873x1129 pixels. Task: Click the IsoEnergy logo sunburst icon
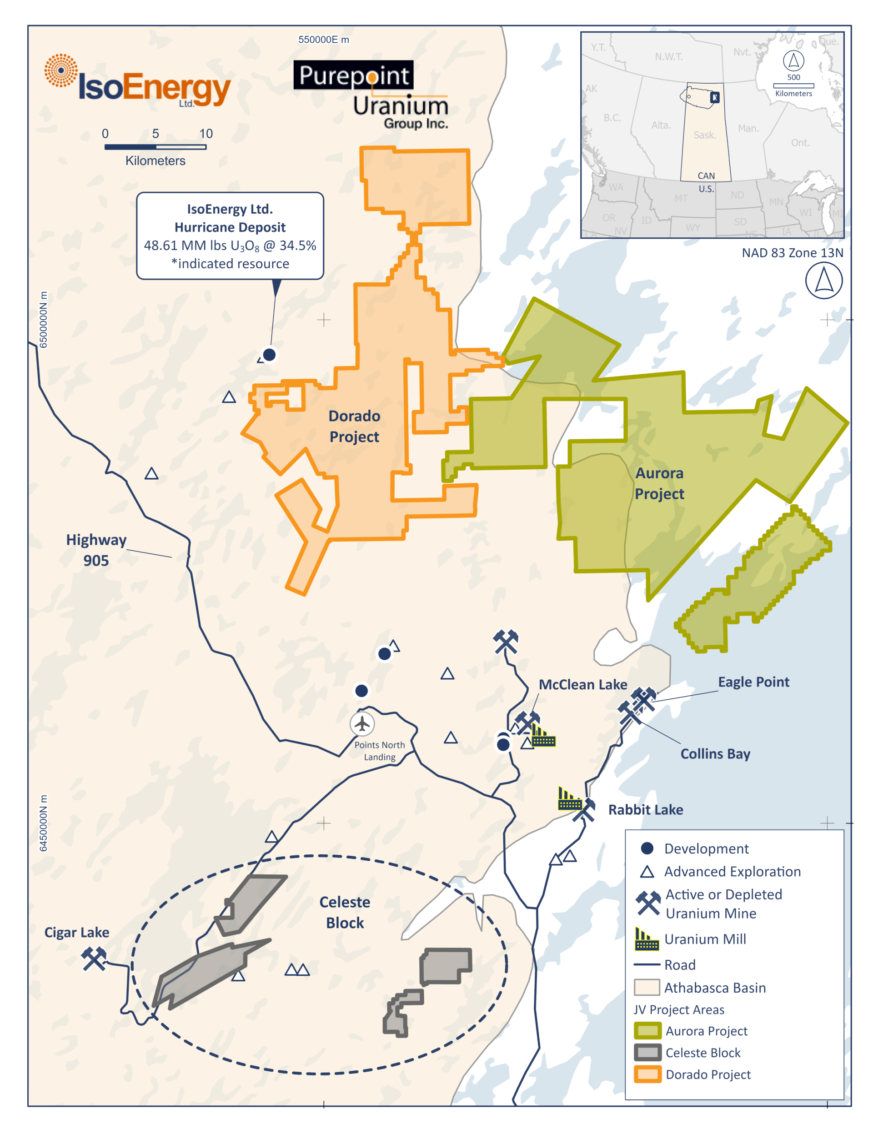pyautogui.click(x=61, y=70)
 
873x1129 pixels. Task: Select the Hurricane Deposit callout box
pyautogui.click(x=230, y=236)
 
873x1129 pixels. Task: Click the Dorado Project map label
pyautogui.click(x=355, y=427)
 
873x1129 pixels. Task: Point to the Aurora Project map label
pyautogui.click(x=660, y=483)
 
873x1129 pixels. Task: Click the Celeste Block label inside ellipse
pyautogui.click(x=345, y=913)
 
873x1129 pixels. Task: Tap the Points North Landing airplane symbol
pyautogui.click(x=362, y=724)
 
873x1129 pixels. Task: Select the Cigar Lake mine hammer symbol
pyautogui.click(x=94, y=958)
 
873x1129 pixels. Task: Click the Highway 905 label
pyautogui.click(x=96, y=550)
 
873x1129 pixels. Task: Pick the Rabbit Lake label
pyautogui.click(x=646, y=809)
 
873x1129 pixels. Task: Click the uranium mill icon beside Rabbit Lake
pyautogui.click(x=570, y=799)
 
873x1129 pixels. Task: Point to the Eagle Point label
pyautogui.click(x=753, y=682)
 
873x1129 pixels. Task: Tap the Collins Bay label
pyautogui.click(x=715, y=754)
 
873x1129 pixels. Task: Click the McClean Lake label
pyautogui.click(x=583, y=684)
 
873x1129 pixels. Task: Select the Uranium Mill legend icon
pyautogui.click(x=647, y=939)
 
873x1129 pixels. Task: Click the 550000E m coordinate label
pyautogui.click(x=324, y=40)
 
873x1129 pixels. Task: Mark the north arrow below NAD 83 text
pyautogui.click(x=824, y=281)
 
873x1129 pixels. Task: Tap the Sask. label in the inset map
pyautogui.click(x=704, y=135)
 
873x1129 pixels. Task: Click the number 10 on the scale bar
pyautogui.click(x=206, y=133)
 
